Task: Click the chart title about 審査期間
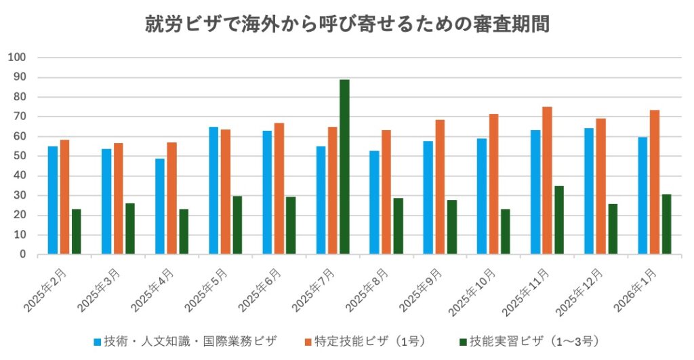(x=347, y=24)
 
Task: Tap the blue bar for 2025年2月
(x=52, y=200)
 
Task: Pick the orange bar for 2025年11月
(x=547, y=180)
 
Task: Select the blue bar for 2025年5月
(x=213, y=191)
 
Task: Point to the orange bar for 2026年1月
(x=654, y=182)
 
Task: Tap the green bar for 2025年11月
(x=558, y=220)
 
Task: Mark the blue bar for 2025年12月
(x=589, y=191)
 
